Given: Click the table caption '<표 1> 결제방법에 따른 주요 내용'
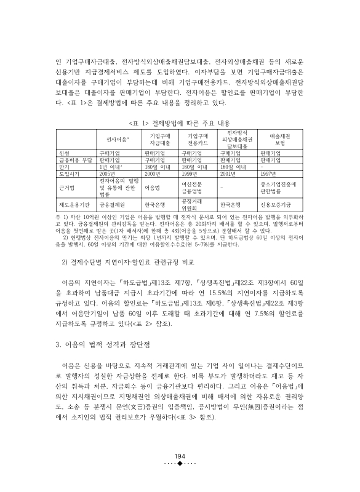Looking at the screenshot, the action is pos(180,122).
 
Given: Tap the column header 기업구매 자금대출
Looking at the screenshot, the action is pos(160,139).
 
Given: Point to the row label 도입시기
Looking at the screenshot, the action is pos(68,173).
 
